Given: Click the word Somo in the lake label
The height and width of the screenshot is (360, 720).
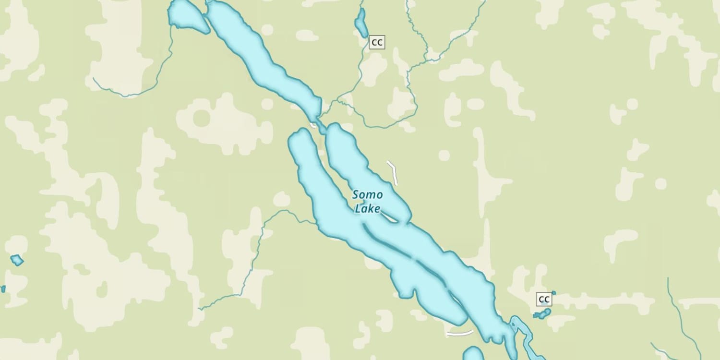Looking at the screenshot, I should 368,195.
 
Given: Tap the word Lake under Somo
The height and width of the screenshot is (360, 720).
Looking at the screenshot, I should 367,209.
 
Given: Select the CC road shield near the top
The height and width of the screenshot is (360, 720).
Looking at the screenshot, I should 377,43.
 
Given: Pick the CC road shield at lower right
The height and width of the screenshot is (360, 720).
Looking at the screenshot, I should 544,300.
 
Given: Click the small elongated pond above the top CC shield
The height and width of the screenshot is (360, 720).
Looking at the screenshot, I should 360,23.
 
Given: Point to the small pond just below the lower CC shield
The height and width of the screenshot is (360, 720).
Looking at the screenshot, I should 542,314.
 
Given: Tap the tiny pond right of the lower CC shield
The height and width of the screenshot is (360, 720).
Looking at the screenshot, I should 553,292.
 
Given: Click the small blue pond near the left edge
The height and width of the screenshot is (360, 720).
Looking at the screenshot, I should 17,260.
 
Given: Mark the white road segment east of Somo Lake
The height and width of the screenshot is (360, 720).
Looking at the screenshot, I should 393,173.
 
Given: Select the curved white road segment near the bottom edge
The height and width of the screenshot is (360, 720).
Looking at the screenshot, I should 459,333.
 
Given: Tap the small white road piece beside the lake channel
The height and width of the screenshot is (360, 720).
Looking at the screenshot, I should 313,126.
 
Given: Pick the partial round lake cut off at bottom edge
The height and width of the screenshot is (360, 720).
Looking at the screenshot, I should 473,354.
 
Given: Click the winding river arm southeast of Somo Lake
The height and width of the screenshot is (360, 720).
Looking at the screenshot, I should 526,336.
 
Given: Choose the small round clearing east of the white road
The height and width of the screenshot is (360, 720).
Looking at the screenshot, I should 444,155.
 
